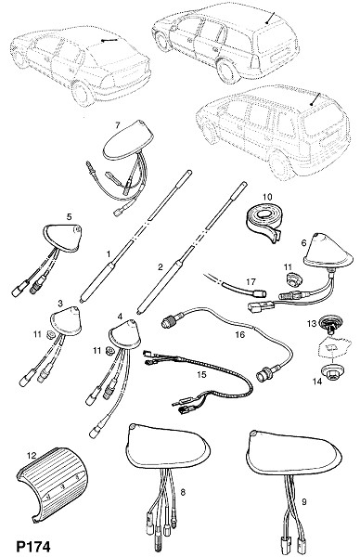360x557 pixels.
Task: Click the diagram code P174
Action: pos(33,547)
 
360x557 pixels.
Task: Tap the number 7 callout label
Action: pos(118,125)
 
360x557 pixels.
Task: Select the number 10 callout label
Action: pos(267,197)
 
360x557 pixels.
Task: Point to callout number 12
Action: pos(32,455)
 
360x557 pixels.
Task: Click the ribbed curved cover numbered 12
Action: pos(53,483)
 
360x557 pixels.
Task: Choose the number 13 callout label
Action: pos(312,324)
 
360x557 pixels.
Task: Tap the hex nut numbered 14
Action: pos(331,371)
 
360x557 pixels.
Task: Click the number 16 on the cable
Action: pos(240,334)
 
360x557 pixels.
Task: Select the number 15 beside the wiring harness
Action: pos(201,375)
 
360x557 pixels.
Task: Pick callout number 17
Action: pos(251,281)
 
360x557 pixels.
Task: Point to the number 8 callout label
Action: pos(183,492)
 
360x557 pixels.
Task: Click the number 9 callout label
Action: pos(304,502)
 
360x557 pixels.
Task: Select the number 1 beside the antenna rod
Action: pos(109,254)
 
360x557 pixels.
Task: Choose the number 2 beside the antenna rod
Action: pos(161,267)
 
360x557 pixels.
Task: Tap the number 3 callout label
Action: pos(60,303)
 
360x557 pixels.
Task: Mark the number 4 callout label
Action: pos(120,316)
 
